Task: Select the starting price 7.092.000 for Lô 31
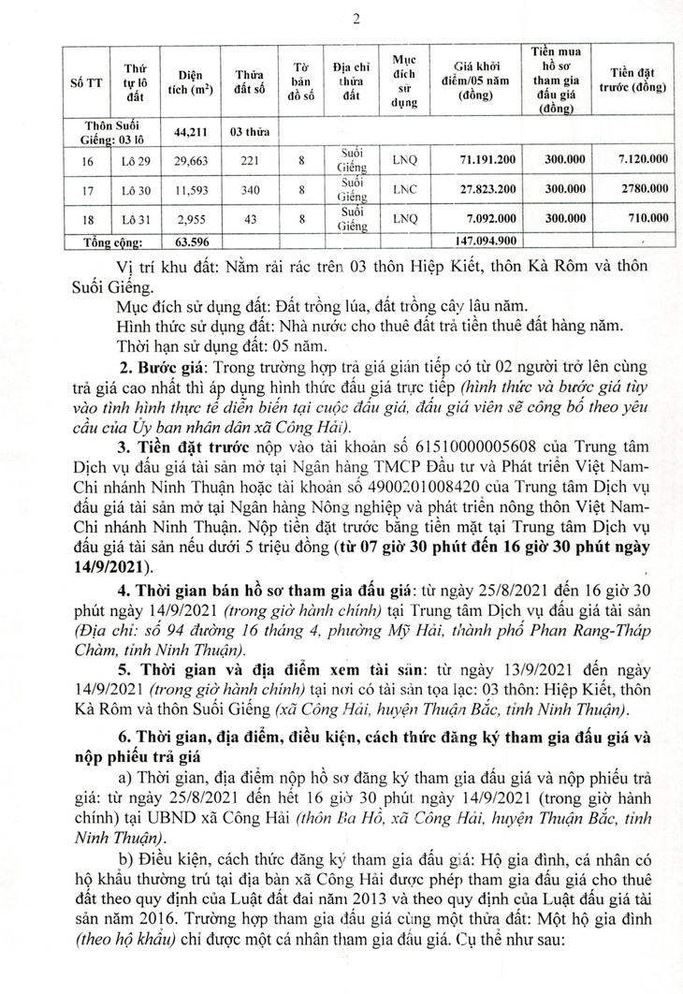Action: (493, 220)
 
